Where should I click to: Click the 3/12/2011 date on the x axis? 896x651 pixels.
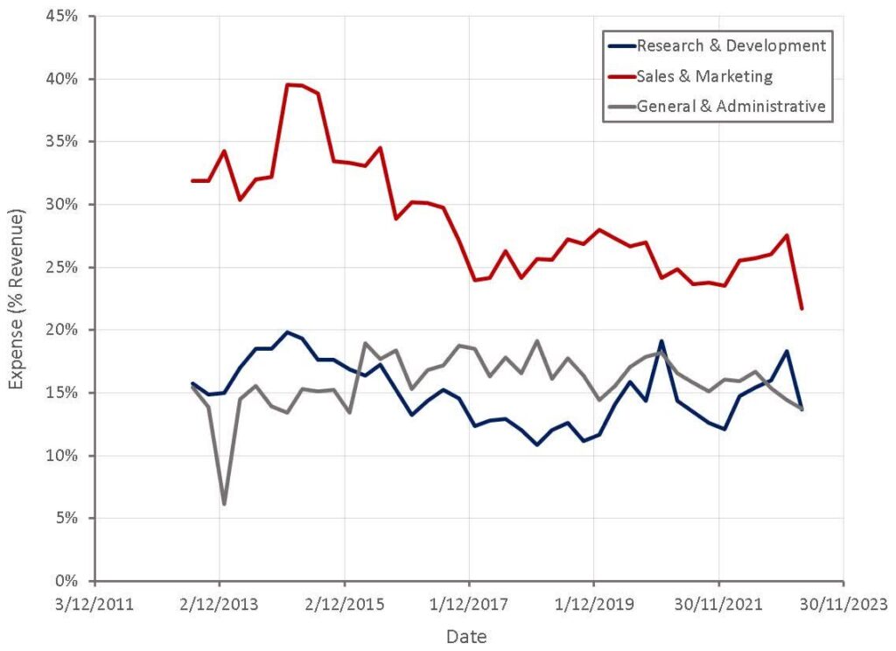point(95,604)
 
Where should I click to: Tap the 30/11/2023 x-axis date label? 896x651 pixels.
point(843,604)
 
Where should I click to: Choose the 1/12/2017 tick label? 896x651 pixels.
point(470,604)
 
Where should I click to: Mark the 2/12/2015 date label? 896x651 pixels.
point(345,604)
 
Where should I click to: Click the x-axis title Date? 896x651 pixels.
point(466,636)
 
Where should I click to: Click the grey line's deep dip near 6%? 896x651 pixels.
point(224,504)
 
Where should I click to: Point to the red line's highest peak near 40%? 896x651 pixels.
point(287,84)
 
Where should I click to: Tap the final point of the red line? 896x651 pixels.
point(801,308)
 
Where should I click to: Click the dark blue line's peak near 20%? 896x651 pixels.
point(287,332)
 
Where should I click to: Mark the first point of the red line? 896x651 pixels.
point(192,180)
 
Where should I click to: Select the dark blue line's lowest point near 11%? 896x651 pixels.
point(536,444)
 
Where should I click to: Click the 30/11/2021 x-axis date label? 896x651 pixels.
point(719,604)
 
